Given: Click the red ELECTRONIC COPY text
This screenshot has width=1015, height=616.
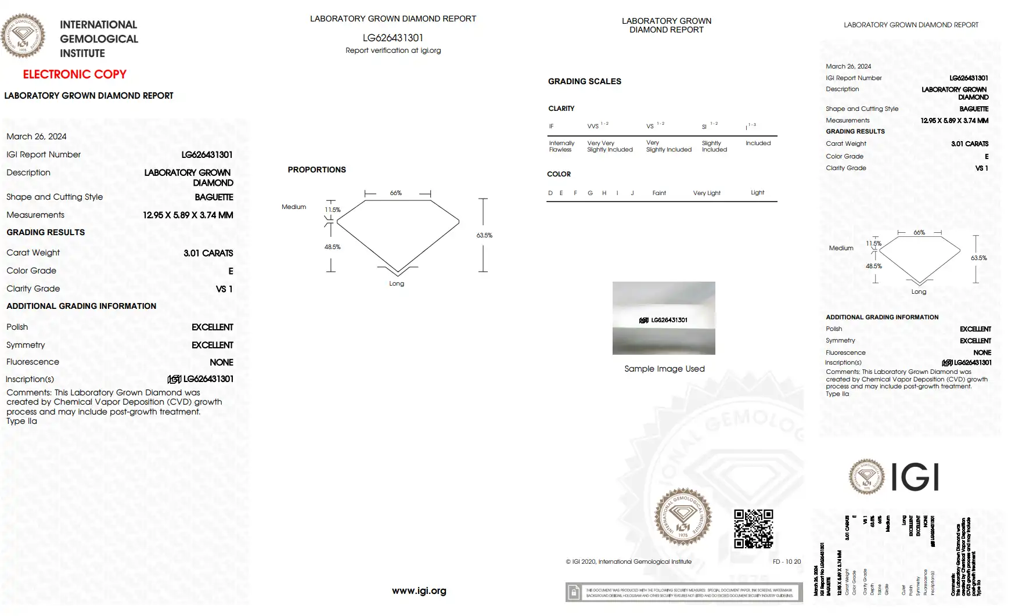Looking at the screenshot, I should click(x=74, y=74).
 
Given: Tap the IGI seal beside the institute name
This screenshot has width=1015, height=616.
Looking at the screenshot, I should click(x=23, y=36).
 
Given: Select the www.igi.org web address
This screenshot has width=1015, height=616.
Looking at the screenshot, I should click(x=419, y=590).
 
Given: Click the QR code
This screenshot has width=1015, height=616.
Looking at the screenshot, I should click(x=753, y=528).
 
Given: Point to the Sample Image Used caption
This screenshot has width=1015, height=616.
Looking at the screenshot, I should click(x=664, y=369).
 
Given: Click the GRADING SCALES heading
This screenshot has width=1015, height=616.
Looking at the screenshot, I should click(x=584, y=81).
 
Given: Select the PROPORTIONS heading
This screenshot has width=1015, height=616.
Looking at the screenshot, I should click(x=316, y=170).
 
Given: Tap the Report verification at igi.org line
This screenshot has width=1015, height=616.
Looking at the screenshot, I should click(x=393, y=51).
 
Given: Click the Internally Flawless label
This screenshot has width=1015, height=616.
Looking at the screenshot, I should click(x=561, y=146).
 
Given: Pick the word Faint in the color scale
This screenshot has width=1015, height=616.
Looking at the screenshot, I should click(x=659, y=193).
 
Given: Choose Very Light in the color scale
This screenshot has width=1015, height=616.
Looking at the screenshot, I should click(x=706, y=193).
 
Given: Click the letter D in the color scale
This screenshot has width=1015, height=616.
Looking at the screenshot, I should click(x=550, y=193).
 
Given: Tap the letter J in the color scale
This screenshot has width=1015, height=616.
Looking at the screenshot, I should click(x=632, y=193).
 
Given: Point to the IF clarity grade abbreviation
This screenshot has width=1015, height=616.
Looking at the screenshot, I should click(x=551, y=126).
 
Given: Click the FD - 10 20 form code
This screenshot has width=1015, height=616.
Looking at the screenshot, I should click(x=786, y=561).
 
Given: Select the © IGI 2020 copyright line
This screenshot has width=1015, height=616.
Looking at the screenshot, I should click(x=628, y=561).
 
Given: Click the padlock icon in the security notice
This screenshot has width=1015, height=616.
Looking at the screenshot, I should click(x=574, y=592).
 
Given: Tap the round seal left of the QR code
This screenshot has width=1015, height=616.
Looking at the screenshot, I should click(x=683, y=517).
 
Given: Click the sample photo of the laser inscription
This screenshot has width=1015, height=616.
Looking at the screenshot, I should click(x=664, y=318).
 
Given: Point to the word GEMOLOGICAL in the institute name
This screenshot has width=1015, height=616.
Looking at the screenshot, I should click(x=99, y=39).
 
